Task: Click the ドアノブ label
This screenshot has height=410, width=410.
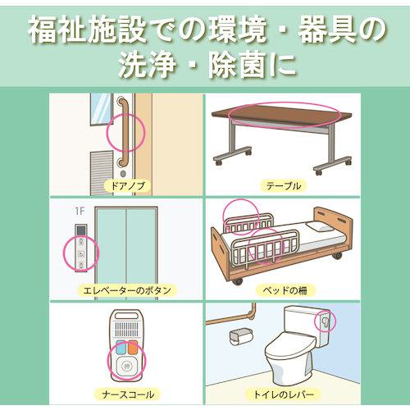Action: [x=128, y=186]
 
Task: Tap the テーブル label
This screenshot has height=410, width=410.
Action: [x=284, y=186]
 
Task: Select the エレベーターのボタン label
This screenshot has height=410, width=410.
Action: [x=127, y=290]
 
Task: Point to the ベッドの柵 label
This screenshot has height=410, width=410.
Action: [x=285, y=290]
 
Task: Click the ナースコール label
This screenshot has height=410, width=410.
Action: [x=128, y=394]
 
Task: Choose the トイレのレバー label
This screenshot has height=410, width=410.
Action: [x=283, y=394]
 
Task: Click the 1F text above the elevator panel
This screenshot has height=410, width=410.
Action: [x=80, y=212]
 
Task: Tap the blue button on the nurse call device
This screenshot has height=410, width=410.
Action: [x=121, y=347]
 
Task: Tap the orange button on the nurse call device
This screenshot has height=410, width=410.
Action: [x=132, y=347]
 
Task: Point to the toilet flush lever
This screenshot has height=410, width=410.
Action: [x=325, y=321]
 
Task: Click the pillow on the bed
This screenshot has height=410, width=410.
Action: [x=319, y=226]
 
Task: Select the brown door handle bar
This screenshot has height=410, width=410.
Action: [x=125, y=131]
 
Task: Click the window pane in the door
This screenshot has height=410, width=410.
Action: [x=101, y=109]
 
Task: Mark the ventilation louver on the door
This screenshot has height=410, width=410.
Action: [x=102, y=173]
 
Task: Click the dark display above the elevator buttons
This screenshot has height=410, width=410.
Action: [x=81, y=230]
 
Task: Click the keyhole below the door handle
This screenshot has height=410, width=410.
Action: [x=123, y=174]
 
